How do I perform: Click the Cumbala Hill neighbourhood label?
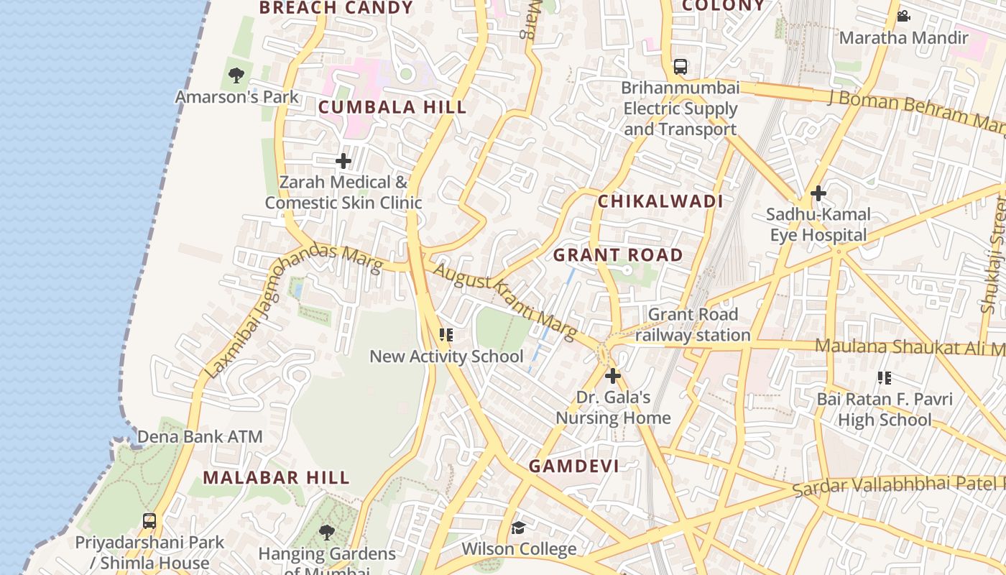392,108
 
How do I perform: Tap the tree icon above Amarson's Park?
236,75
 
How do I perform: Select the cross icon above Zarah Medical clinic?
343,161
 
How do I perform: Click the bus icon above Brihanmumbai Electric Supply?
680,67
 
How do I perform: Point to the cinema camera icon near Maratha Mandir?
904,16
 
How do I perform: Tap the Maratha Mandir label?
904,37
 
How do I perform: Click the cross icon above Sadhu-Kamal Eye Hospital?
818,193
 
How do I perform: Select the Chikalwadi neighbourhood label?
660,201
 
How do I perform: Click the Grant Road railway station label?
693,325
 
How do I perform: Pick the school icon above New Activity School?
446,335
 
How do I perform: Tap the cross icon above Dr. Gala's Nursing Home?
613,375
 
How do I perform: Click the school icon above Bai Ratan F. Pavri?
885,377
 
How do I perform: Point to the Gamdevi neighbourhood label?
573,466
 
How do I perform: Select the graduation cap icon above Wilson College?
518,528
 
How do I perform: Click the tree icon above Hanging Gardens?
327,533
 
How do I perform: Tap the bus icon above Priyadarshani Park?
149,521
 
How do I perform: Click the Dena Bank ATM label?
200,436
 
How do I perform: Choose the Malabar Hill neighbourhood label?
276,477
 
